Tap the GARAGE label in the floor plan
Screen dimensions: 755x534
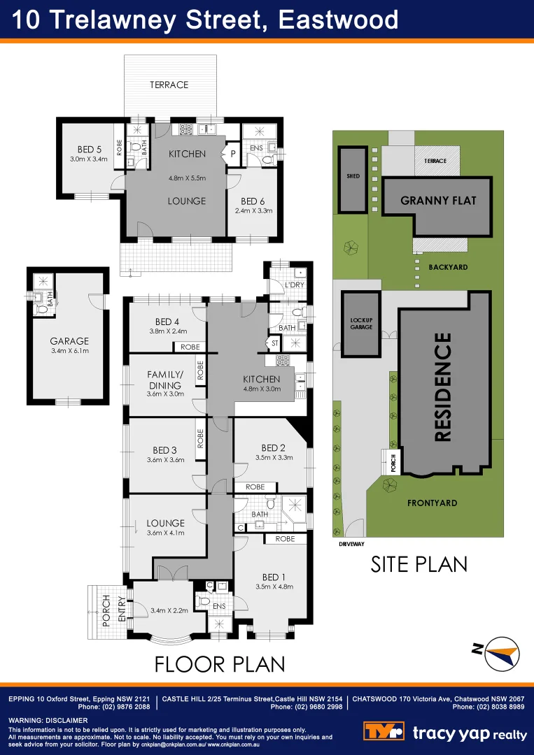tap(68, 341)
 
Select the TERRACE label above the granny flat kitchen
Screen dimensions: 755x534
tap(169, 85)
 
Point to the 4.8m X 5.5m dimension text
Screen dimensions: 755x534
tap(187, 178)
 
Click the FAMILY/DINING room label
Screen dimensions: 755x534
tap(164, 380)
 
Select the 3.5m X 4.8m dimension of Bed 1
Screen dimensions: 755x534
tap(273, 587)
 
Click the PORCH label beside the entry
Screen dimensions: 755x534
tap(106, 611)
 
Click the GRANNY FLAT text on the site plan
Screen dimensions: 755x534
tap(438, 201)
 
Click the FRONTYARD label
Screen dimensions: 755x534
tap(432, 503)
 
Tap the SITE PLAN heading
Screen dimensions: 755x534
tap(419, 563)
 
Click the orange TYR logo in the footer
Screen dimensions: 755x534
tap(384, 732)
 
